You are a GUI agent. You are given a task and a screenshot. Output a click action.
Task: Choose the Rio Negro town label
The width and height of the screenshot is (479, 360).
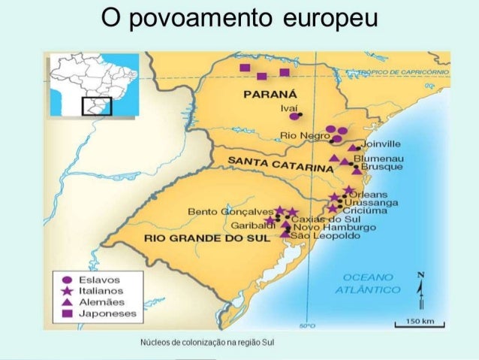point(300,135)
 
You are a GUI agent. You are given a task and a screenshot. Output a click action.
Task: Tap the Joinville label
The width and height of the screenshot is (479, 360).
point(381,144)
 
